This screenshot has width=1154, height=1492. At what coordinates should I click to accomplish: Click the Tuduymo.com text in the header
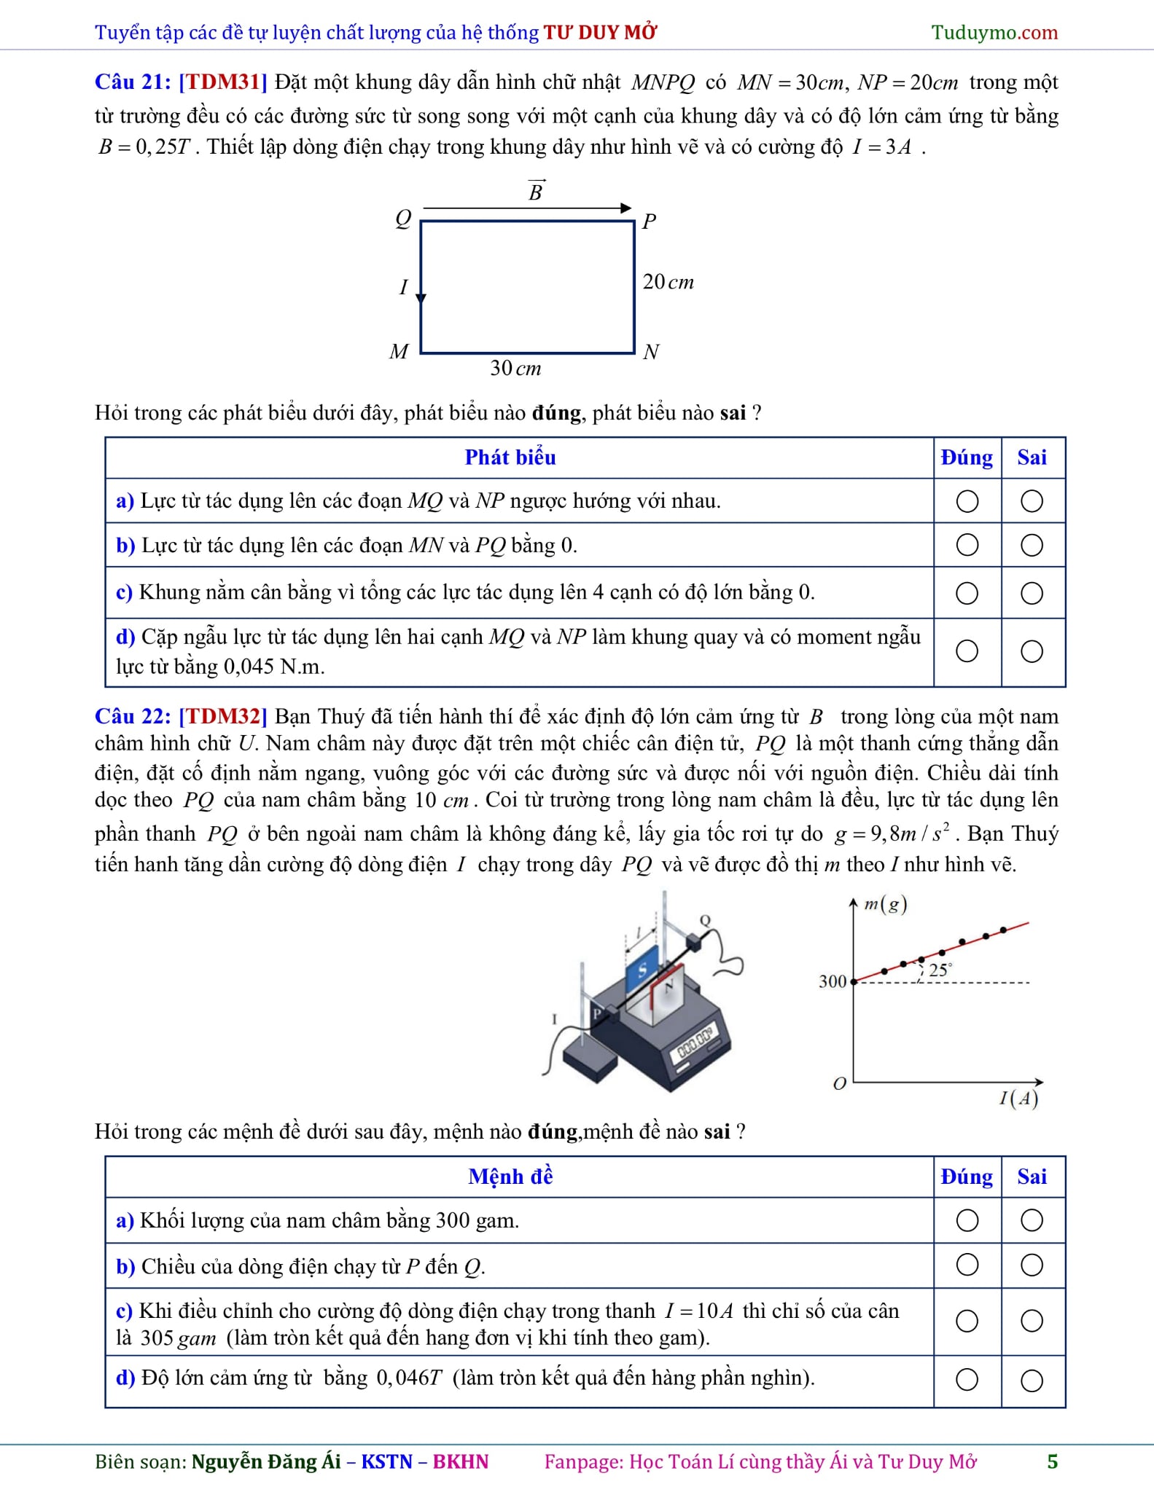coord(994,32)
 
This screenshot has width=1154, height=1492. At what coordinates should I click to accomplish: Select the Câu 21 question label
coord(133,82)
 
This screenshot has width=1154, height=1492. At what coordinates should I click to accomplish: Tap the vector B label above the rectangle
coord(536,191)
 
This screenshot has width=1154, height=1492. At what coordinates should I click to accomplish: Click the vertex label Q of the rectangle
coord(403,218)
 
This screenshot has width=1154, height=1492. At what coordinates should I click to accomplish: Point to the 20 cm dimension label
coord(668,282)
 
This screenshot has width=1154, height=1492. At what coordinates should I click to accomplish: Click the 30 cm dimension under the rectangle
coord(515,369)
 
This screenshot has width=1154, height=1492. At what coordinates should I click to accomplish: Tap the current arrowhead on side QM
coord(421,297)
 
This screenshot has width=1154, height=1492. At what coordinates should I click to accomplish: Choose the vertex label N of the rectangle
coord(651,352)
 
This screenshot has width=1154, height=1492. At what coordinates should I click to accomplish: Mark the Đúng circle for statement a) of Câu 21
coord(967,501)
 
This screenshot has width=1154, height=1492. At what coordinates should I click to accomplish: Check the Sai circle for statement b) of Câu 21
coord(1032,546)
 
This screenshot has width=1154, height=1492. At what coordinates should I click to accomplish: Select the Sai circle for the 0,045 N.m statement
coord(1032,651)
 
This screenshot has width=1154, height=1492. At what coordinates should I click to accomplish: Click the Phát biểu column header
coord(510,458)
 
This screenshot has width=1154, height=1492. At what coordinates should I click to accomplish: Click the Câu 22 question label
coord(133,716)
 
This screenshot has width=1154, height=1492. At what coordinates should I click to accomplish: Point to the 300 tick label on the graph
coord(833,981)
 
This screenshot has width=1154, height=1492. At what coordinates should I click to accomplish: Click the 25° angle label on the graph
coord(939,970)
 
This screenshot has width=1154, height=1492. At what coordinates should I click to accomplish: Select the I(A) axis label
coord(1018,1098)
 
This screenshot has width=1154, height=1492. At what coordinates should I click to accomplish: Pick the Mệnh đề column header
coord(510,1177)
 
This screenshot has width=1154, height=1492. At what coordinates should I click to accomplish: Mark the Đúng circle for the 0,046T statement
coord(967,1379)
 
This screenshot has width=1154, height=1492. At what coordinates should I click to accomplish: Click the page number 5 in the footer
coord(1052,1461)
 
